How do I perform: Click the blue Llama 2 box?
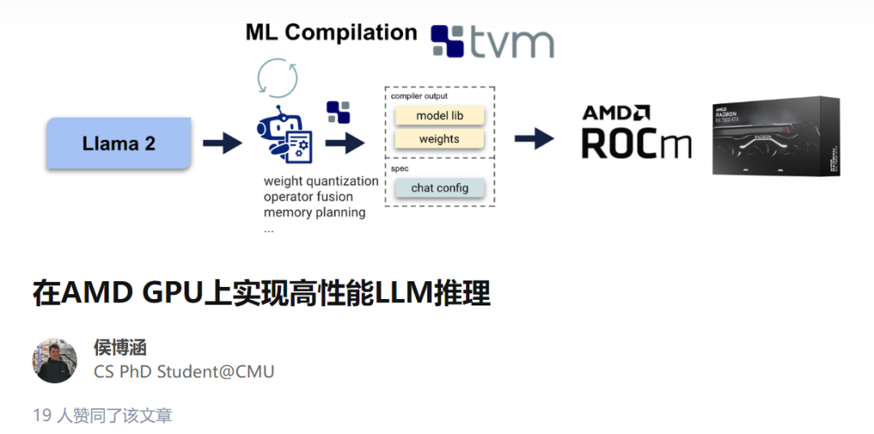pos(118,144)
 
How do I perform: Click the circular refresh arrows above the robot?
pos(277,78)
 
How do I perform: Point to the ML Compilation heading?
pos(331,32)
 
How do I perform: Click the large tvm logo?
pos(492,41)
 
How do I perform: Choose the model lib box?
pos(439,116)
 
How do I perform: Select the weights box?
pos(439,139)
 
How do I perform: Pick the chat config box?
pos(439,188)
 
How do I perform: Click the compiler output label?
pos(419,96)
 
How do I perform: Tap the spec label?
pos(400,169)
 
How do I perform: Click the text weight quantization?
pos(320,181)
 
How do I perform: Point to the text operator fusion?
pos(308,196)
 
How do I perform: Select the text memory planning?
pos(314,213)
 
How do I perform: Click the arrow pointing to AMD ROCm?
pos(534,139)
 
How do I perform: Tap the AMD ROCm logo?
pos(637,132)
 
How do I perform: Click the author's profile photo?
pos(55,360)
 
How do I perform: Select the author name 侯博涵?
pos(120,348)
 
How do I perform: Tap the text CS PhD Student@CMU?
pos(184,372)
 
